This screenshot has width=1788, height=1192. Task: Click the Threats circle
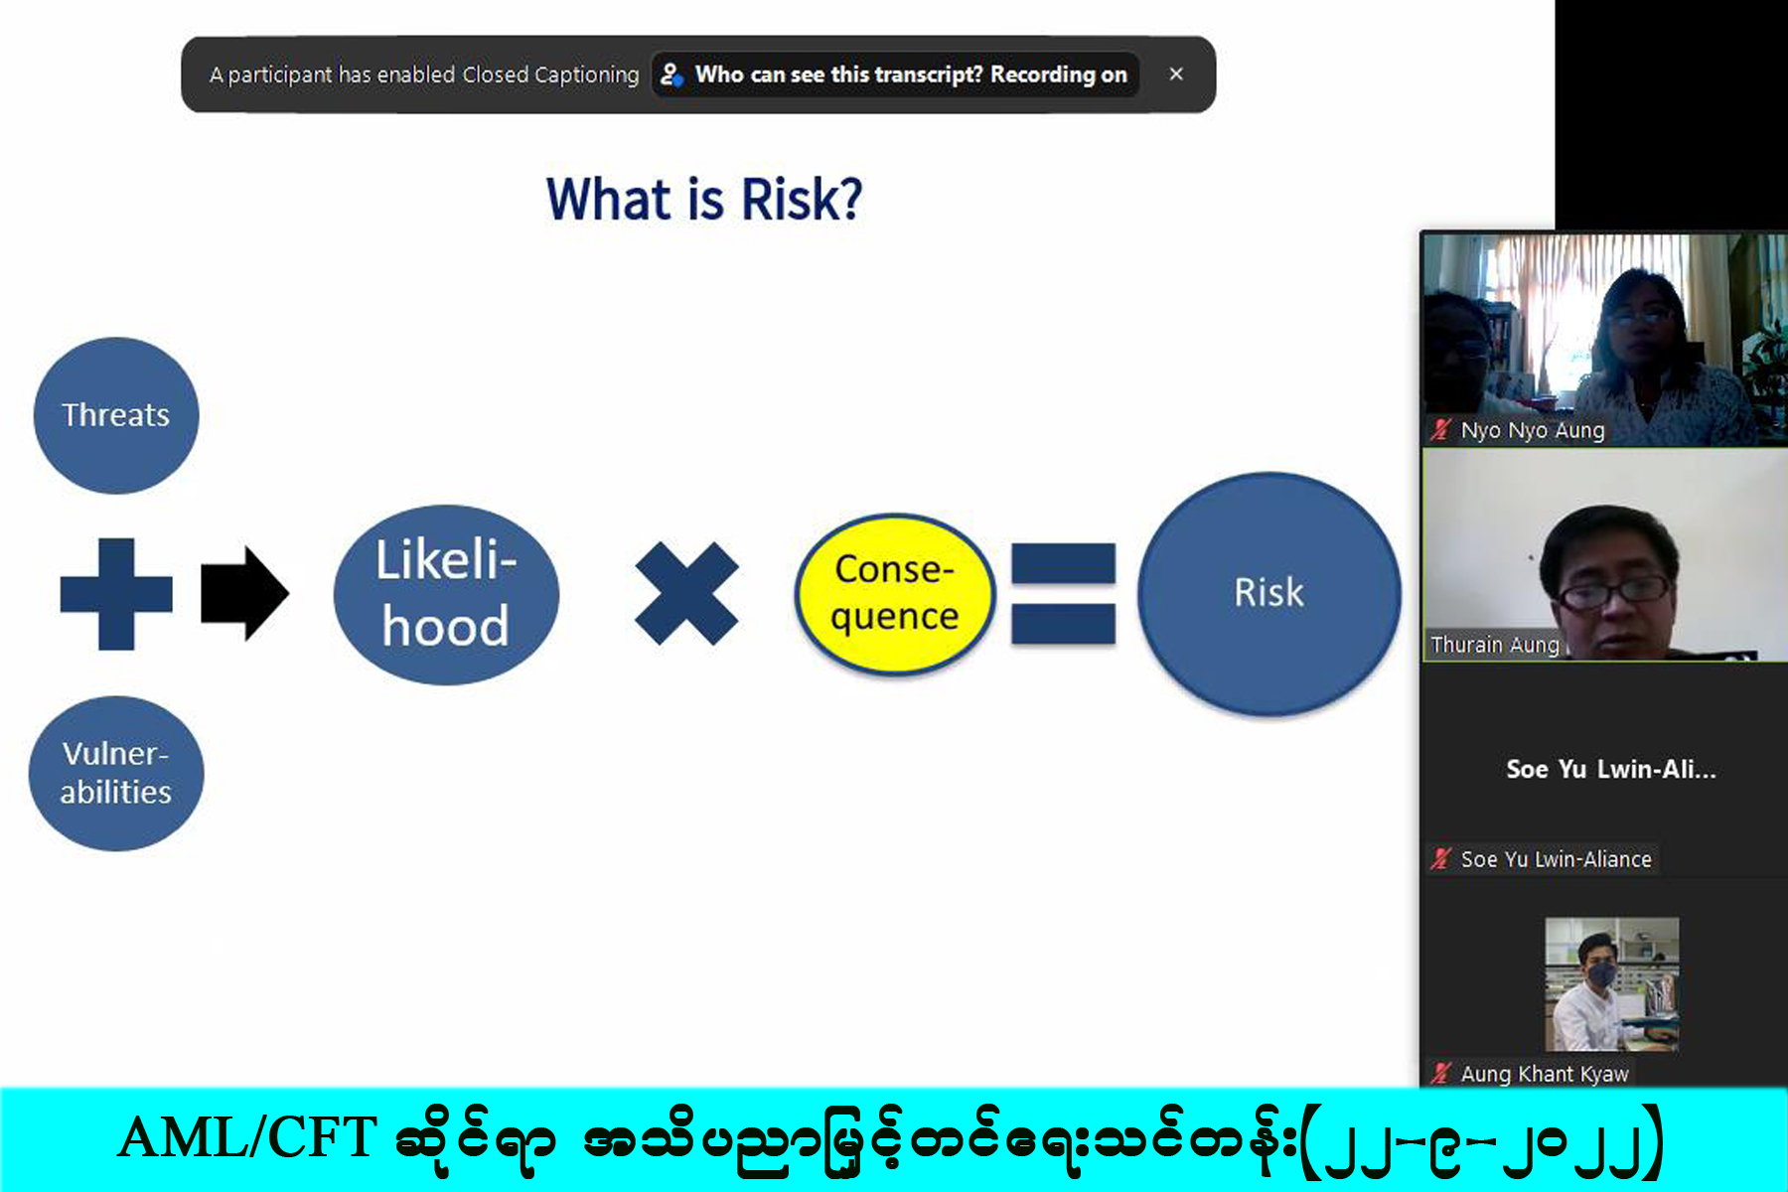click(x=116, y=415)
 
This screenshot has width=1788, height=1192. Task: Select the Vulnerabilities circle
click(x=116, y=773)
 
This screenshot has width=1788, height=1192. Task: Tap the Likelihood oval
click(x=446, y=594)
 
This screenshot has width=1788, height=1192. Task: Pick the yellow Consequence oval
click(x=895, y=594)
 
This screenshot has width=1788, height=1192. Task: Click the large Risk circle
click(x=1268, y=593)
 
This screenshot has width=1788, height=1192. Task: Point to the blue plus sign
click(x=116, y=594)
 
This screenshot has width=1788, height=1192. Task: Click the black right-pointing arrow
click(x=244, y=593)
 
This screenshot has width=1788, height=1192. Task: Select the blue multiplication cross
click(x=686, y=593)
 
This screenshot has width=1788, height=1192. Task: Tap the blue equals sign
click(x=1063, y=594)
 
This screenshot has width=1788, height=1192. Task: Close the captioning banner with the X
click(x=1176, y=74)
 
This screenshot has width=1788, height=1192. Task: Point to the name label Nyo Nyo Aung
click(x=1533, y=430)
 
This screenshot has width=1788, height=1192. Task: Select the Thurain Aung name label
click(x=1495, y=645)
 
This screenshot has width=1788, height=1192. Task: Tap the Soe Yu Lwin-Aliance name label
click(x=1556, y=859)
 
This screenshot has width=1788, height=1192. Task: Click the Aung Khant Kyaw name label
click(x=1545, y=1074)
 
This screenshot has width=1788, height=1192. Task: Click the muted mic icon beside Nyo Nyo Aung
click(x=1440, y=430)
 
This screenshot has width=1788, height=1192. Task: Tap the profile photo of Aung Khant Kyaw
click(x=1611, y=984)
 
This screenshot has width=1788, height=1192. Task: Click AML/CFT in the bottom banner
click(x=247, y=1138)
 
